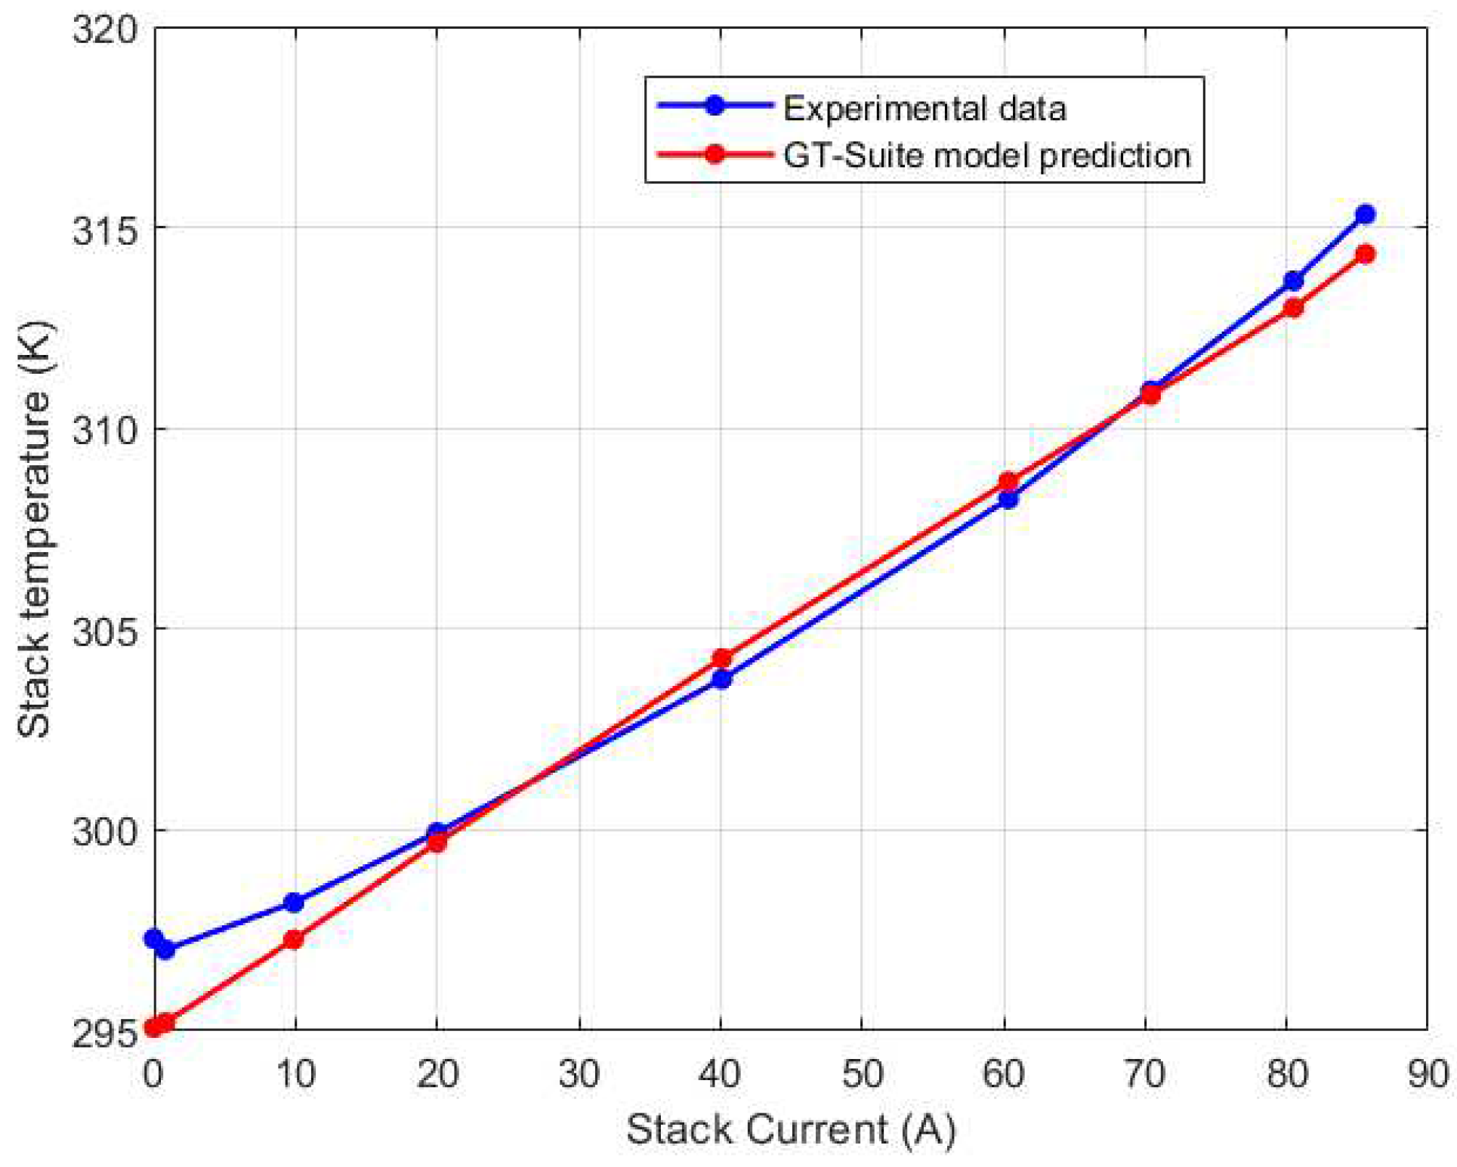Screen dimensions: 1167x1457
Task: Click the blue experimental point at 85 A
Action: point(1364,215)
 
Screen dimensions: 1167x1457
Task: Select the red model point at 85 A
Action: point(1364,254)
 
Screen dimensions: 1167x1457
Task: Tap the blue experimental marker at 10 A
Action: point(294,903)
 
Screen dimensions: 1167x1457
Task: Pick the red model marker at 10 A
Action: point(294,940)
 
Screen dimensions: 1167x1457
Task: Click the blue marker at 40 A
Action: point(722,679)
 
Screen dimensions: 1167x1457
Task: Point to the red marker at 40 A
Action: point(722,659)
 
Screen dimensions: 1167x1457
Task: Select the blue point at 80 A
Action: point(1293,281)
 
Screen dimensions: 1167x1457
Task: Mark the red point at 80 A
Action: point(1293,308)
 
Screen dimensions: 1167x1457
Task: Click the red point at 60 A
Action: point(1008,481)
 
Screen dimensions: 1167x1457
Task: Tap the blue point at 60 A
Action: point(1008,499)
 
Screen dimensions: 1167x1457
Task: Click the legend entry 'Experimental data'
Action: point(924,109)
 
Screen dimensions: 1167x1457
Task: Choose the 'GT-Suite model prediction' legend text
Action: point(986,156)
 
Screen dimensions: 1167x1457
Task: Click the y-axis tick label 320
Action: point(104,29)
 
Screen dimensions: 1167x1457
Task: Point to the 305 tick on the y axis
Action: point(104,629)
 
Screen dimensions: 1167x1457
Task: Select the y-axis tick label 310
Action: point(104,430)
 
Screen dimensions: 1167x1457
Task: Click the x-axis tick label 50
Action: point(862,1073)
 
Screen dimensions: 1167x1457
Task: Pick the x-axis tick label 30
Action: point(579,1073)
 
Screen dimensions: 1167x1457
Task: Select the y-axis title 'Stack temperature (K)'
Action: point(34,528)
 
